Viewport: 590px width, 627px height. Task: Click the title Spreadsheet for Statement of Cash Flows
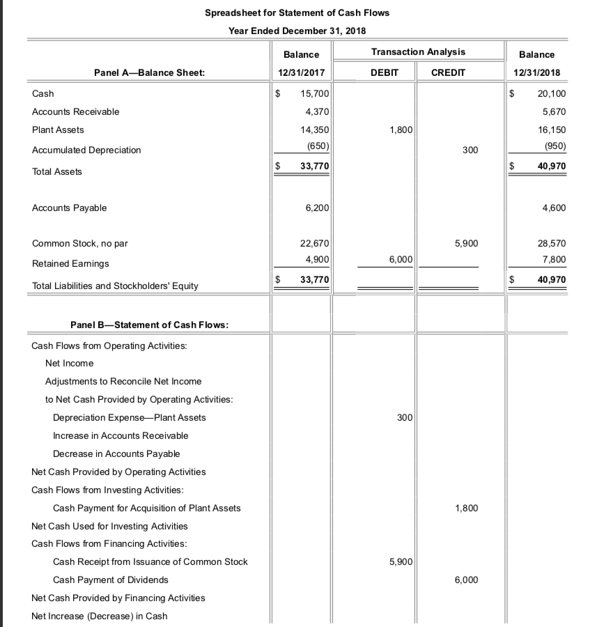click(x=297, y=13)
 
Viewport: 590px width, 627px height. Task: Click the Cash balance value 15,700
click(x=315, y=93)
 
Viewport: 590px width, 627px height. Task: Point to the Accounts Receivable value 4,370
click(x=317, y=111)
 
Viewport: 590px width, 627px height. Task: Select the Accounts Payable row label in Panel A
click(x=70, y=208)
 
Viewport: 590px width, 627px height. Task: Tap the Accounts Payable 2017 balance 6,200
click(x=317, y=208)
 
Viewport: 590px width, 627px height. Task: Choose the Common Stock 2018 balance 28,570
click(x=552, y=244)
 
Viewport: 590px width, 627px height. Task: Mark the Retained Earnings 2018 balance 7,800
click(x=554, y=260)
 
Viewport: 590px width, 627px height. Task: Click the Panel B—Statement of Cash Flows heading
click(x=150, y=325)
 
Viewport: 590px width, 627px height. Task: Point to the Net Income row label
click(x=69, y=363)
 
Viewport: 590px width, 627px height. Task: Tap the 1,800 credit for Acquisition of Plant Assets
click(x=466, y=508)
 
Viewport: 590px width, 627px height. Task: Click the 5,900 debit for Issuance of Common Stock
click(x=401, y=562)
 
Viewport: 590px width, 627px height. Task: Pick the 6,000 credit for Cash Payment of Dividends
click(x=466, y=580)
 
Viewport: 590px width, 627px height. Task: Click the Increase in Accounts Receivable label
click(x=121, y=435)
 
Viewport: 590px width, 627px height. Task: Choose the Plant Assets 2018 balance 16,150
click(x=552, y=130)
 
